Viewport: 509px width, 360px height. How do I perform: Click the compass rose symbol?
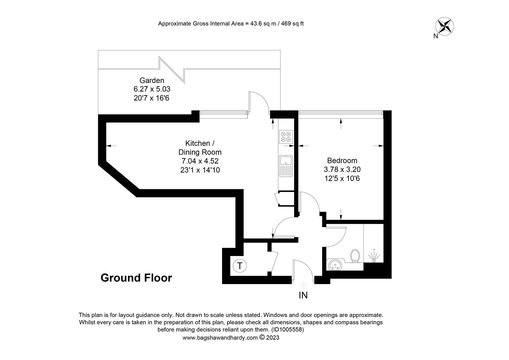point(444,26)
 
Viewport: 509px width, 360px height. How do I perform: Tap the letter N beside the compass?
point(436,36)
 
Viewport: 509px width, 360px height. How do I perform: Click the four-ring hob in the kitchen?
point(286,137)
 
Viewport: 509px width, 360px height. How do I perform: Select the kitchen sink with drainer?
point(286,166)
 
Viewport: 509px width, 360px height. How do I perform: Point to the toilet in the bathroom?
point(355,256)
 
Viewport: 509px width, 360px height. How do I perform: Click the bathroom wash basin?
point(335,264)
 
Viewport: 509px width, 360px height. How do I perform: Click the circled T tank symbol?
point(240,265)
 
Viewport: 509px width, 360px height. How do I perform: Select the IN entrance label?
point(303,295)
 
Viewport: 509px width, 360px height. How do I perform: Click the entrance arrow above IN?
point(303,285)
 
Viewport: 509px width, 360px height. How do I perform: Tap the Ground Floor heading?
point(136,278)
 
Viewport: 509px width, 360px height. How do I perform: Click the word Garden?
point(152,80)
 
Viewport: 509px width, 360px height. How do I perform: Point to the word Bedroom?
point(342,161)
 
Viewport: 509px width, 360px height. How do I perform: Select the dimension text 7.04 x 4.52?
point(200,161)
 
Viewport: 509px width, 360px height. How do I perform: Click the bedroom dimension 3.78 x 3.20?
point(342,169)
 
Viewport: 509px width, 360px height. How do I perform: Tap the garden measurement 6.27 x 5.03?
point(152,89)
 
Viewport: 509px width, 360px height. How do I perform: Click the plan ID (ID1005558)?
point(287,330)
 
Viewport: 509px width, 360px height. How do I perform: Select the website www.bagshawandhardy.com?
point(220,338)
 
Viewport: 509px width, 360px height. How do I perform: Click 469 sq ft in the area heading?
point(292,24)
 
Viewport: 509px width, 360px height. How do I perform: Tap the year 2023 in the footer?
point(273,337)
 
